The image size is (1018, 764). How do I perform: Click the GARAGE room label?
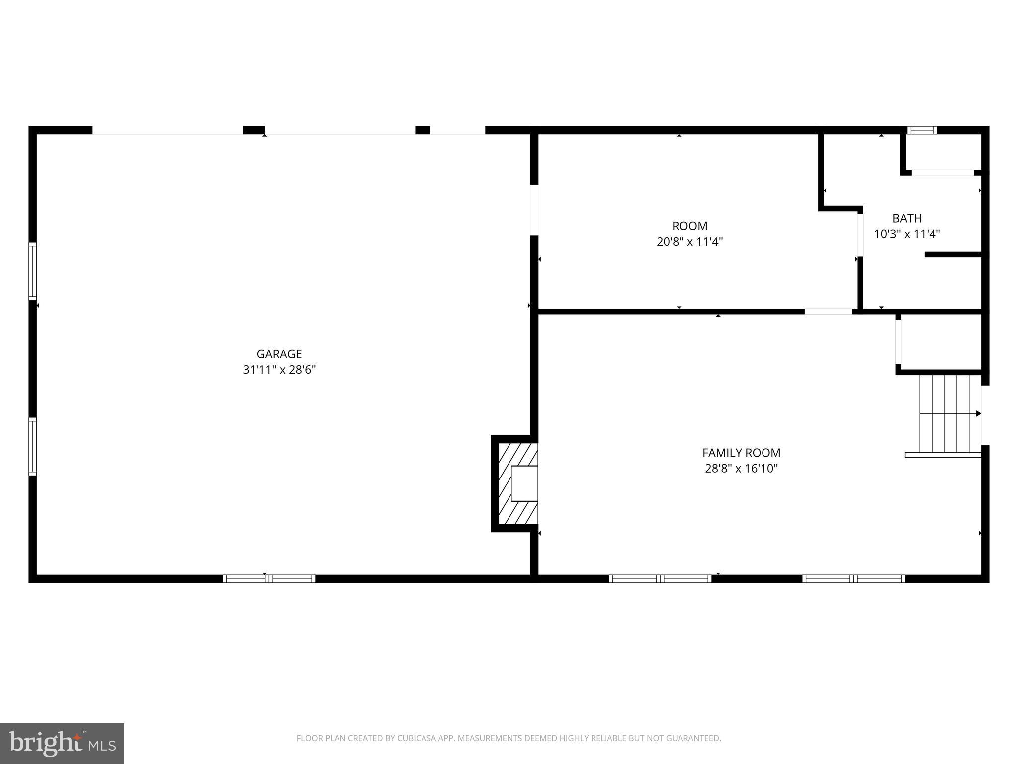point(279,354)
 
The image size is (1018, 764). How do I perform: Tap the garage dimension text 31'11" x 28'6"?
point(279,370)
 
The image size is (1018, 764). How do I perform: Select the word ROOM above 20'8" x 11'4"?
point(689,226)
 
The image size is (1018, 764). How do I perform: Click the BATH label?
point(907,218)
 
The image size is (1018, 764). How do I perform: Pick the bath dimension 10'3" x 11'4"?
point(907,234)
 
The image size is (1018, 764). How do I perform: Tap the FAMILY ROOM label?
point(741,453)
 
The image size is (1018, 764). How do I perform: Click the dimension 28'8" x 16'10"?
point(741,469)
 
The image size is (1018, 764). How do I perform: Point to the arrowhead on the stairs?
point(978,413)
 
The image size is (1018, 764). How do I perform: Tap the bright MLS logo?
point(62,743)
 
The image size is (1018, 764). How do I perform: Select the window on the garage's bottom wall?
point(269,578)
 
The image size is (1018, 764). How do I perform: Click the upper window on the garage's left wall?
point(33,271)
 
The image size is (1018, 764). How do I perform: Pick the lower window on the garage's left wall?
point(33,447)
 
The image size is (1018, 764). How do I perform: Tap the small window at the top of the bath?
point(922,130)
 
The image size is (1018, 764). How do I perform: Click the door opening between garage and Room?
point(534,209)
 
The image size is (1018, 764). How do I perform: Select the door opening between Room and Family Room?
point(828,312)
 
